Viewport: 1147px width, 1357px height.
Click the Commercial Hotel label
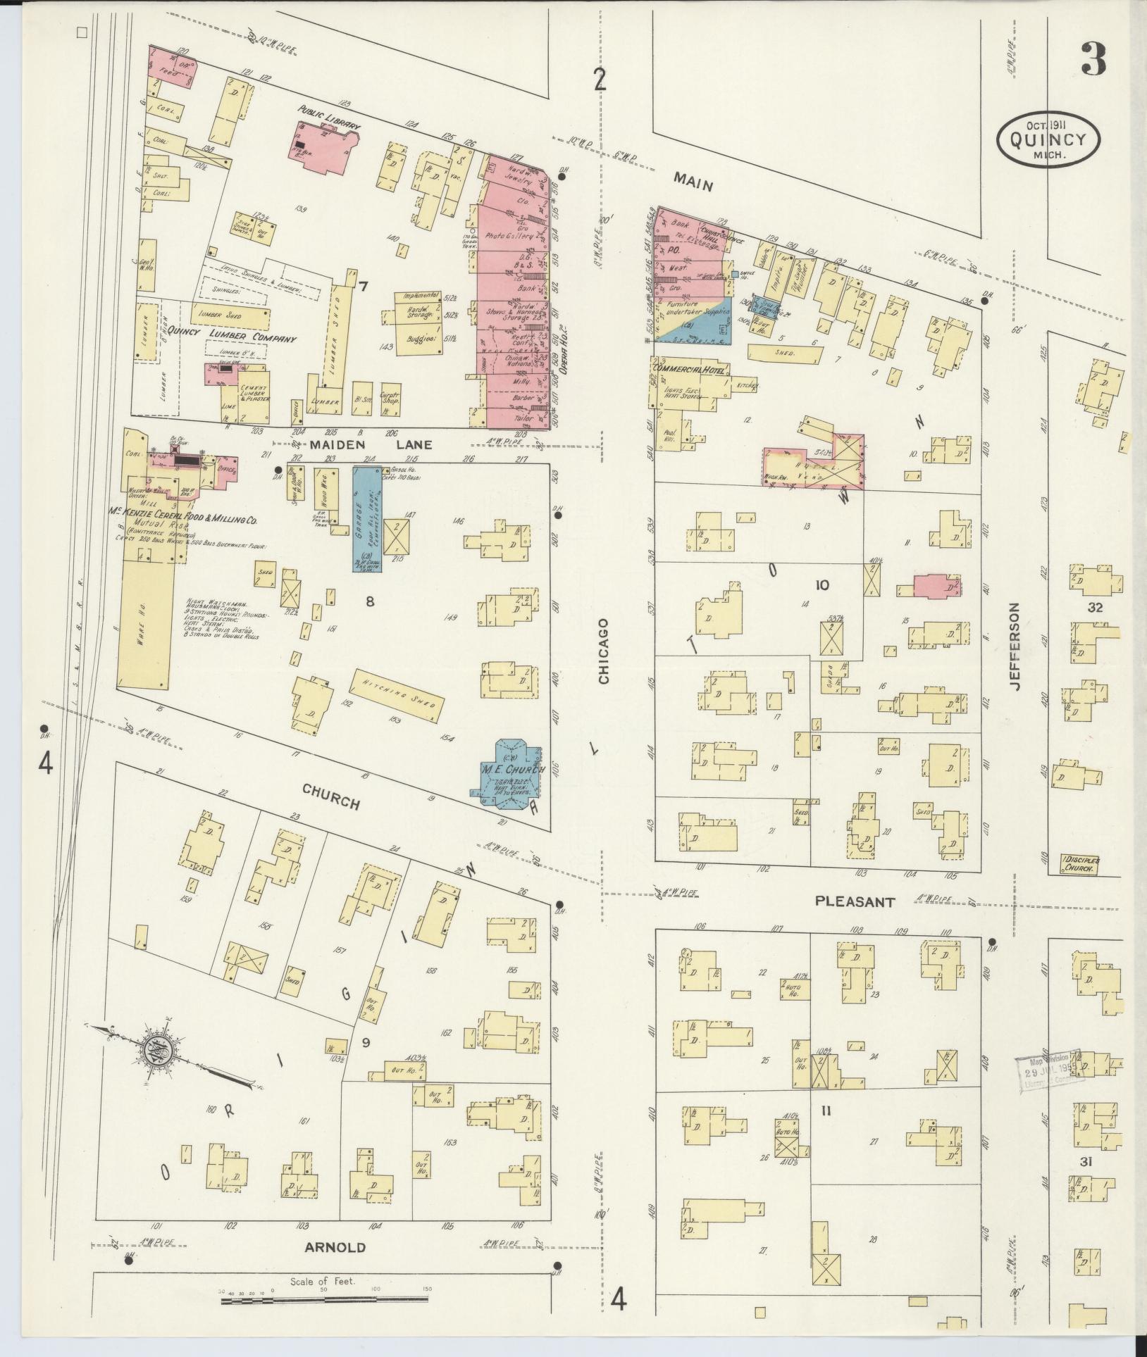[x=690, y=370]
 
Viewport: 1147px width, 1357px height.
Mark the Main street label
[x=693, y=182]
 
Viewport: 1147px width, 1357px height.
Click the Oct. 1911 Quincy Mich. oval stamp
[x=1048, y=139]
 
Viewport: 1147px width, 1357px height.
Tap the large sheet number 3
[x=1093, y=58]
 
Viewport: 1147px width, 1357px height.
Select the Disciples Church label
[x=1079, y=863]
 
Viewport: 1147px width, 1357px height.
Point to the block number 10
[x=821, y=585]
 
